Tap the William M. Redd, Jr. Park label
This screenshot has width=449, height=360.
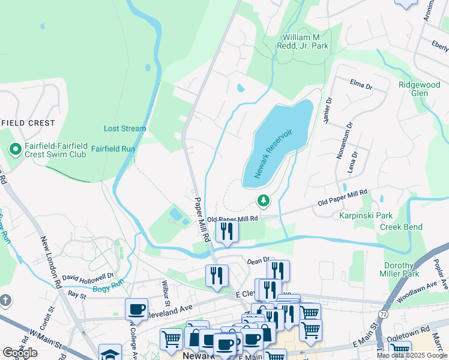tap(303, 41)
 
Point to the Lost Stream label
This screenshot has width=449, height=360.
tap(125, 128)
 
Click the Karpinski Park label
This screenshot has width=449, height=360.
tap(366, 215)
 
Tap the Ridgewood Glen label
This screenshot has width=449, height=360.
tap(421, 89)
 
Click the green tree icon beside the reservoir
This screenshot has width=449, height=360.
tap(262, 200)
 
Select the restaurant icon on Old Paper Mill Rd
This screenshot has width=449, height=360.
tap(226, 230)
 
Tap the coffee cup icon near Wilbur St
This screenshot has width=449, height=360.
tap(137, 309)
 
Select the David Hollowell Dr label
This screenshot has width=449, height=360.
tap(88, 277)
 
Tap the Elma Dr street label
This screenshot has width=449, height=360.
tap(361, 83)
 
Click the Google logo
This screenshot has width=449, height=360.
tap(20, 353)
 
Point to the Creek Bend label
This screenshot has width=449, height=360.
tap(400, 227)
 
